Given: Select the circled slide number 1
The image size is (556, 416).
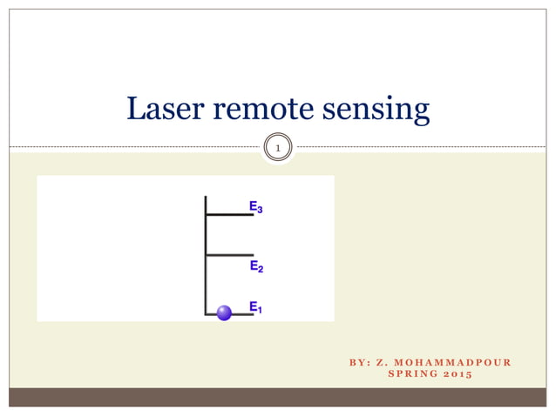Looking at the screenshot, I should pyautogui.click(x=277, y=150).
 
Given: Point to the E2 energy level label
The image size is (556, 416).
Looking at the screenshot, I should pyautogui.click(x=255, y=266).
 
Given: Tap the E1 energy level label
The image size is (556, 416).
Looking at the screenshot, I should pyautogui.click(x=255, y=307).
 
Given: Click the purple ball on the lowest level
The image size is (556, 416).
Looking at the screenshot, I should pyautogui.click(x=225, y=312).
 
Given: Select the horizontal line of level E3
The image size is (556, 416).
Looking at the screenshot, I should pyautogui.click(x=229, y=213).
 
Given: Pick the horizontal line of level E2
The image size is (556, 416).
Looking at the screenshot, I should pyautogui.click(x=229, y=255).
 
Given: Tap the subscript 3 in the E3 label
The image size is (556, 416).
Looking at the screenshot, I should pyautogui.click(x=260, y=211).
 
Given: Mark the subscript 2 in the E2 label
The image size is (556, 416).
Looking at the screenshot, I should pyautogui.click(x=260, y=269).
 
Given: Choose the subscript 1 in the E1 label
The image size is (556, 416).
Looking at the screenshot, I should pyautogui.click(x=260, y=310).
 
